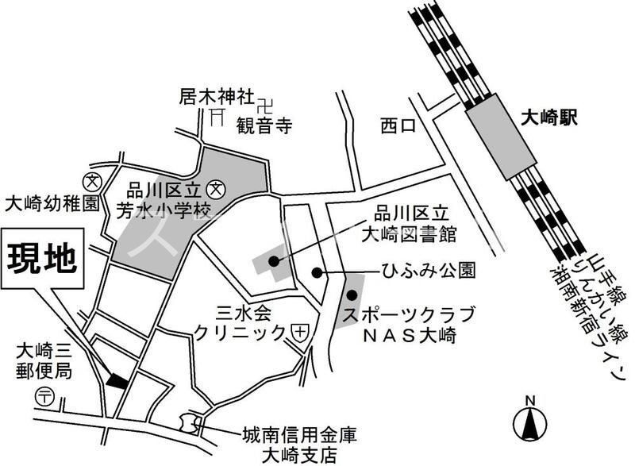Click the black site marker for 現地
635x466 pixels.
pos(117,380)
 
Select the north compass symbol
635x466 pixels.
pos(529,421)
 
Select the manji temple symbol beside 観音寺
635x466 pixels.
pos(265,101)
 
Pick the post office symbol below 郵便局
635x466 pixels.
pos(45,397)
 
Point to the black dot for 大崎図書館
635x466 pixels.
pos(274,260)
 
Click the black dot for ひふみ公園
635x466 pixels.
pos(317,273)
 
